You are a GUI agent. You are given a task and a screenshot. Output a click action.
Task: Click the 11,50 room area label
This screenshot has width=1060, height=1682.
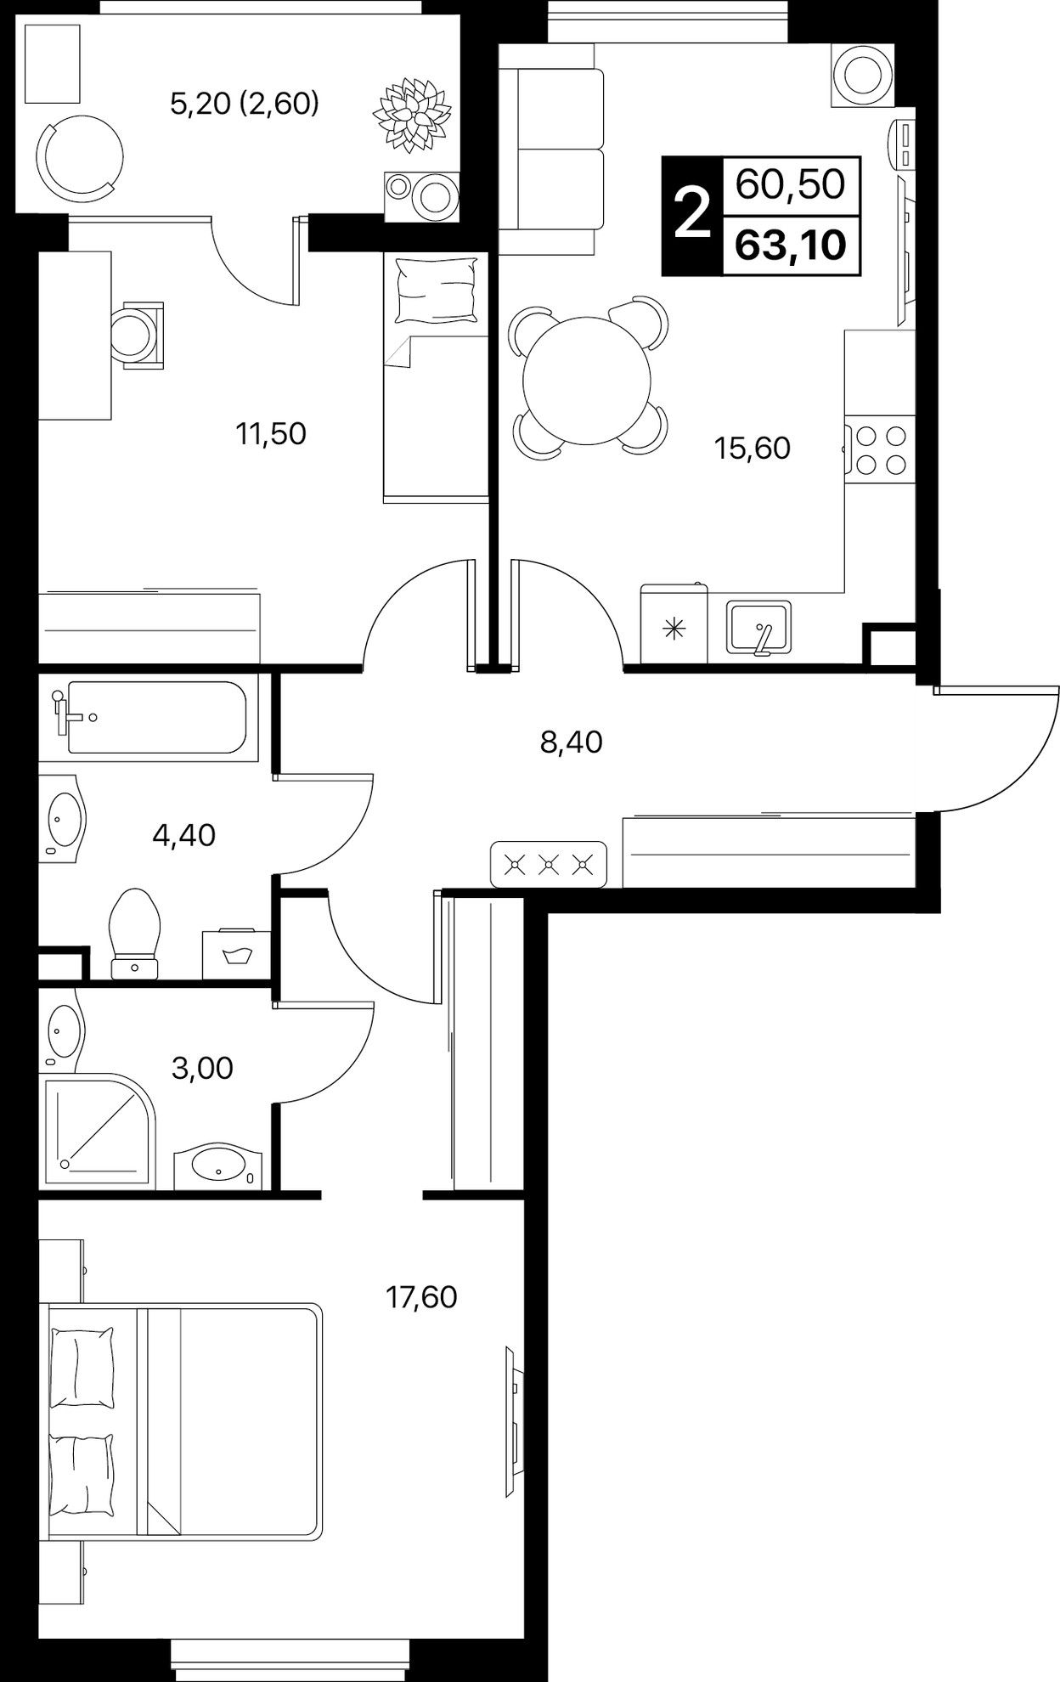[x=271, y=434]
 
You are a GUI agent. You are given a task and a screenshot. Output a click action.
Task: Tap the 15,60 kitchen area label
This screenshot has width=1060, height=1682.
[x=753, y=448]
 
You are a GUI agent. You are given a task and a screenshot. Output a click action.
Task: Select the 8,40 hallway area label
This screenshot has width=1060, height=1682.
[x=571, y=742]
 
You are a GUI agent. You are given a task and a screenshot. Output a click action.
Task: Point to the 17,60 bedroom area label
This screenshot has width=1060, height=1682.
[x=421, y=1297]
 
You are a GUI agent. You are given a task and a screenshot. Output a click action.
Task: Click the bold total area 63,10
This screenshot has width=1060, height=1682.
[x=791, y=246]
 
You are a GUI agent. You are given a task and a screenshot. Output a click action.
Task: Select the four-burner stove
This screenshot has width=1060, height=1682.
[x=880, y=449]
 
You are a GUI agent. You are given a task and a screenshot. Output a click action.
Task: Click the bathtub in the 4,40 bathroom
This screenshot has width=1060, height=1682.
[x=156, y=718]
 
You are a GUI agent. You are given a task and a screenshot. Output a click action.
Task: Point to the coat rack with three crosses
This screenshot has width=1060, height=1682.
[x=549, y=866]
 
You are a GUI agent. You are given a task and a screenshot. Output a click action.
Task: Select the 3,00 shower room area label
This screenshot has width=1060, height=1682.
[x=202, y=1068]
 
